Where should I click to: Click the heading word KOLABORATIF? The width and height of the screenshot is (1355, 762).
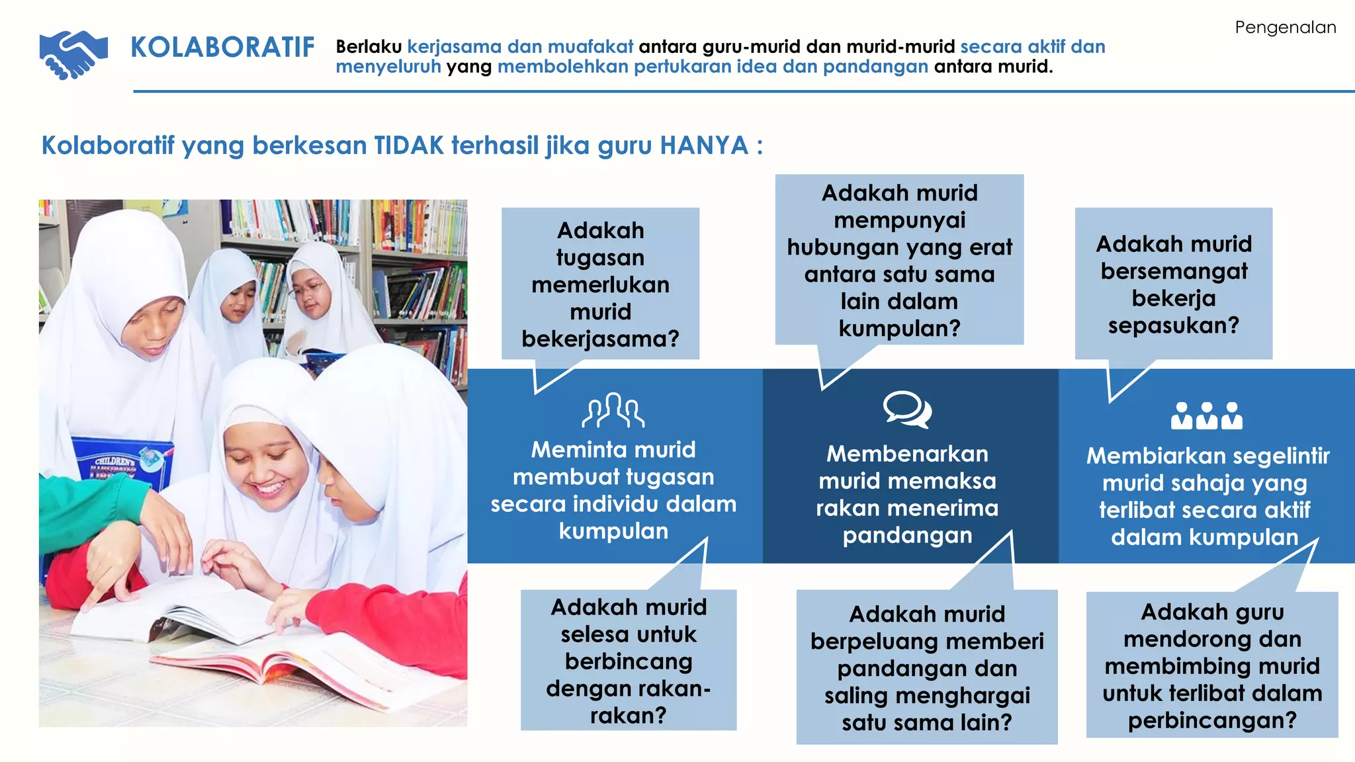(222, 48)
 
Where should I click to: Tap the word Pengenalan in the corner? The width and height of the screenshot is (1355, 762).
(1285, 27)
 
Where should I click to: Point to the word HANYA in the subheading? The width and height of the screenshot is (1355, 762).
(704, 146)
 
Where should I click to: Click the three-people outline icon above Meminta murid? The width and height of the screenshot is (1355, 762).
(613, 410)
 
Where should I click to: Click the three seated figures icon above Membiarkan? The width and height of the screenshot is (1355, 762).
(1206, 416)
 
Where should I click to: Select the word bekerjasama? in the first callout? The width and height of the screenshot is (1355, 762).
(600, 339)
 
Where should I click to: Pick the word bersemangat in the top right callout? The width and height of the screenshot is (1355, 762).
(1174, 271)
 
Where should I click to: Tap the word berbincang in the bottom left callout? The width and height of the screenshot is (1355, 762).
(629, 661)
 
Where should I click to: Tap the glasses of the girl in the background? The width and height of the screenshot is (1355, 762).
(307, 288)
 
